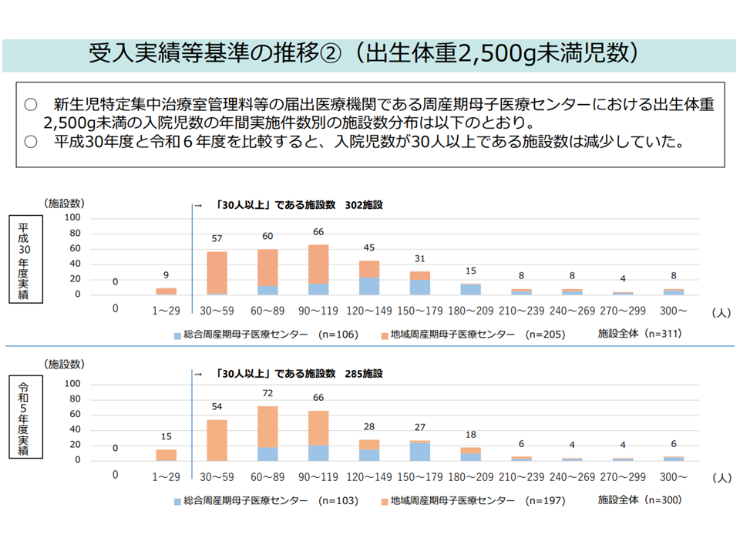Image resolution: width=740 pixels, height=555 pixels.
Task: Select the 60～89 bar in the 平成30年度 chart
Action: [x=267, y=271]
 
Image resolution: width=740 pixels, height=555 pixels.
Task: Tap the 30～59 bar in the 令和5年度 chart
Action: [x=217, y=439]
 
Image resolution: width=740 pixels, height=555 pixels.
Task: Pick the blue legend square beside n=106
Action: [x=177, y=335]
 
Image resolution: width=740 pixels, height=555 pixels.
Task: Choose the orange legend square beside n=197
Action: [x=384, y=501]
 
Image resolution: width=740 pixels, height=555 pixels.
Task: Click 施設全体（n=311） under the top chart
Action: [x=640, y=335]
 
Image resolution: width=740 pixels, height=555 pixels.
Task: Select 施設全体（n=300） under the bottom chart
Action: [x=640, y=500]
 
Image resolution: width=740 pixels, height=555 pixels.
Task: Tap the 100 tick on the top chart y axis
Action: [x=72, y=217]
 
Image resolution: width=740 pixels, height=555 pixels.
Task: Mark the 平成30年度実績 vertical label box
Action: [x=24, y=261]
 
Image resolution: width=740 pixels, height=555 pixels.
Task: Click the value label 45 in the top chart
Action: [x=369, y=248]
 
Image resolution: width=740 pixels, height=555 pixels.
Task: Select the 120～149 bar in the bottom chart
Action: [x=369, y=450]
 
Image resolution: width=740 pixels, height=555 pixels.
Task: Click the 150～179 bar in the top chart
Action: [x=420, y=283]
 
